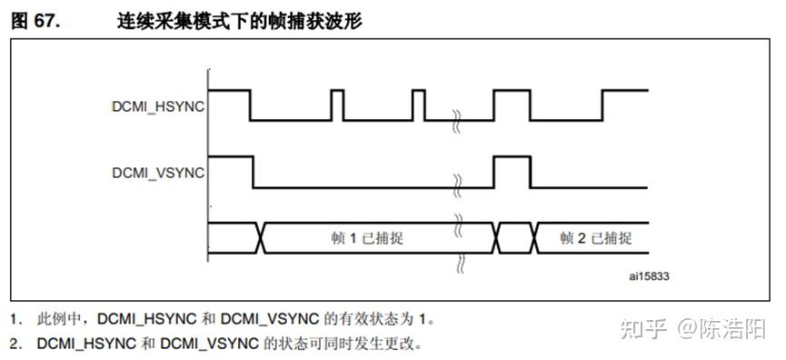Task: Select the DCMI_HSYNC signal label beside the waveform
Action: (157, 106)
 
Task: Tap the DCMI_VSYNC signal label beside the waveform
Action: (157, 171)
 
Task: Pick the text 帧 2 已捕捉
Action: (595, 238)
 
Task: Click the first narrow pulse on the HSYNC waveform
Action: (337, 104)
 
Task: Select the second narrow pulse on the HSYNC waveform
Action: (418, 104)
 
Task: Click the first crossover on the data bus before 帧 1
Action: (262, 237)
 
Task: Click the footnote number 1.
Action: (15, 319)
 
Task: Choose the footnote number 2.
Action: (15, 345)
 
